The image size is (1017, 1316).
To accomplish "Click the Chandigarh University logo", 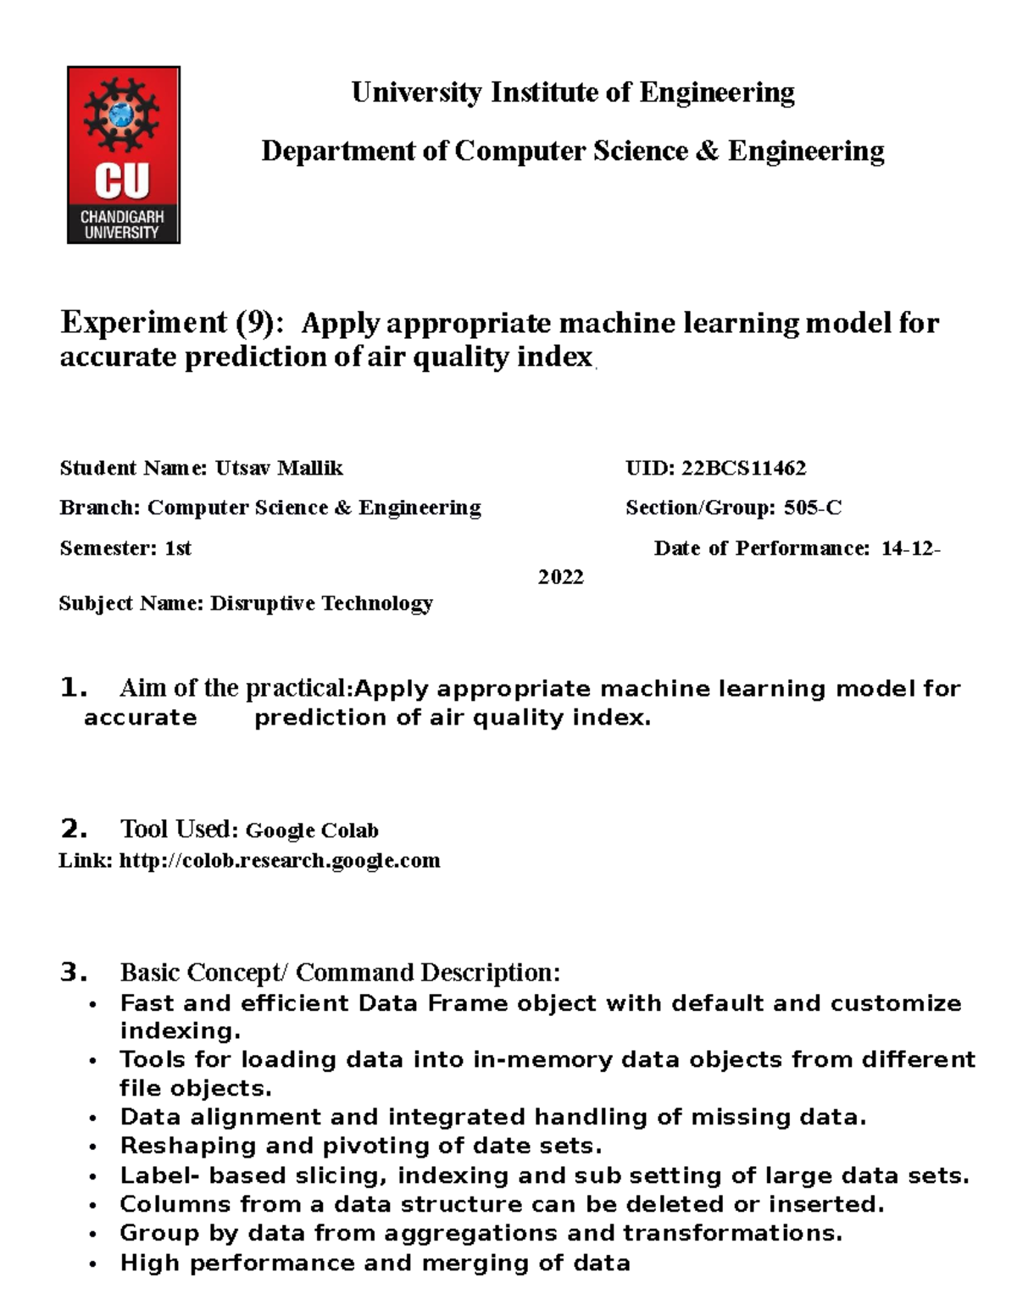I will (x=124, y=155).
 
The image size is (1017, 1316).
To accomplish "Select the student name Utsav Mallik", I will (x=279, y=468).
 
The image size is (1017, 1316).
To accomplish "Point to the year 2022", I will (x=561, y=577).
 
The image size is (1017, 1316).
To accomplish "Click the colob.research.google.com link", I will (x=280, y=861).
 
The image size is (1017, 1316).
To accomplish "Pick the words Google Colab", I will (x=312, y=830).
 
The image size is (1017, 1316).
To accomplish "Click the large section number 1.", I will (x=74, y=688).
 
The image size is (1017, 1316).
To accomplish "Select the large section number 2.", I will (x=74, y=829).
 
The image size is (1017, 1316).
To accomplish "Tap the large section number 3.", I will (x=74, y=972).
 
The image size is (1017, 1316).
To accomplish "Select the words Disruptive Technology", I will (x=321, y=603).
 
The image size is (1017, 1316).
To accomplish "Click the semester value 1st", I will (x=178, y=548).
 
